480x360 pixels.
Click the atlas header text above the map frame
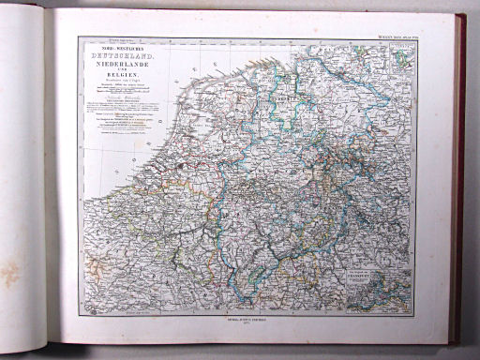tap(392, 35)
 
